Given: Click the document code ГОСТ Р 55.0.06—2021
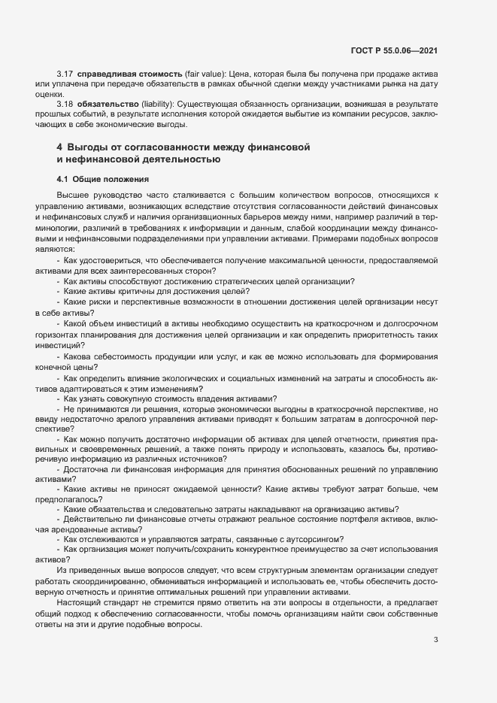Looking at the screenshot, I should point(394,52).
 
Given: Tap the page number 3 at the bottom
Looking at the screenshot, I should point(435,641).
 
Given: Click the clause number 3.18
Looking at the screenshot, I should point(65,102).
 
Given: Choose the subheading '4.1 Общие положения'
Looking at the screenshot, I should point(103,180).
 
